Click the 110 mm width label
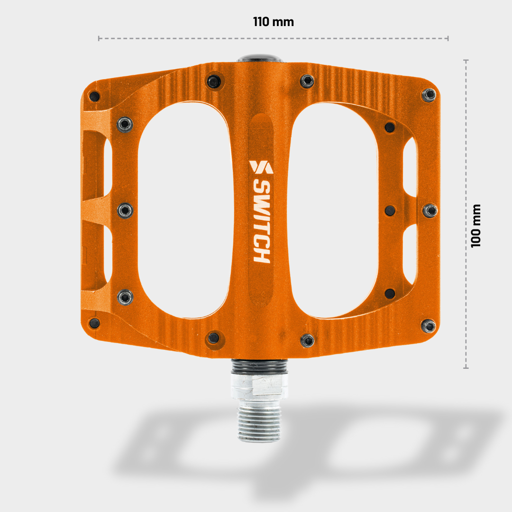(x=274, y=22)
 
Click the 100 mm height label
(x=476, y=226)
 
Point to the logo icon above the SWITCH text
(x=261, y=167)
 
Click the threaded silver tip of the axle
(x=259, y=424)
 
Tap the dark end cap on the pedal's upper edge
(x=260, y=58)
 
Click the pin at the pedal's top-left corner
(x=94, y=96)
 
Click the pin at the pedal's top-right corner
(x=429, y=95)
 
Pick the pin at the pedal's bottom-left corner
(x=94, y=323)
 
